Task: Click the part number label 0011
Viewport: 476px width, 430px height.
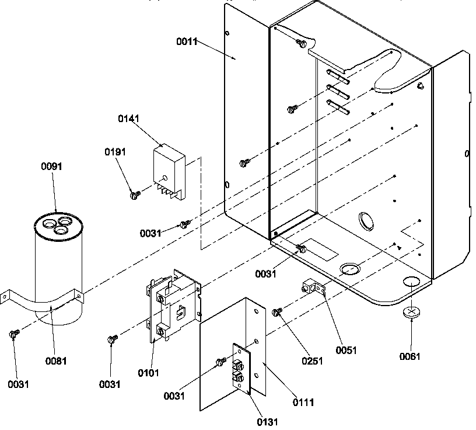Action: [x=187, y=41]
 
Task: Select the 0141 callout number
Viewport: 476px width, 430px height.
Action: [x=128, y=119]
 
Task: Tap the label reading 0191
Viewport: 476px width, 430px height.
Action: [x=115, y=152]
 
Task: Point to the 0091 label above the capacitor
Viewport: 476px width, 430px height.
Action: [x=51, y=167]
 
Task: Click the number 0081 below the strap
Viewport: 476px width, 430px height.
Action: [x=56, y=361]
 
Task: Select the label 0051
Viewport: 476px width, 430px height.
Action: [x=346, y=351]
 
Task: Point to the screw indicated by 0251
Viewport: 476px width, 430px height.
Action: [x=277, y=313]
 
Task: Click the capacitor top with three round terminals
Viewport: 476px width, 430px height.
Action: [x=57, y=225]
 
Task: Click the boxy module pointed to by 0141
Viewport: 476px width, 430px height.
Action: [x=169, y=169]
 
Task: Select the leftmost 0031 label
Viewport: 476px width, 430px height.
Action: [x=18, y=384]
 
